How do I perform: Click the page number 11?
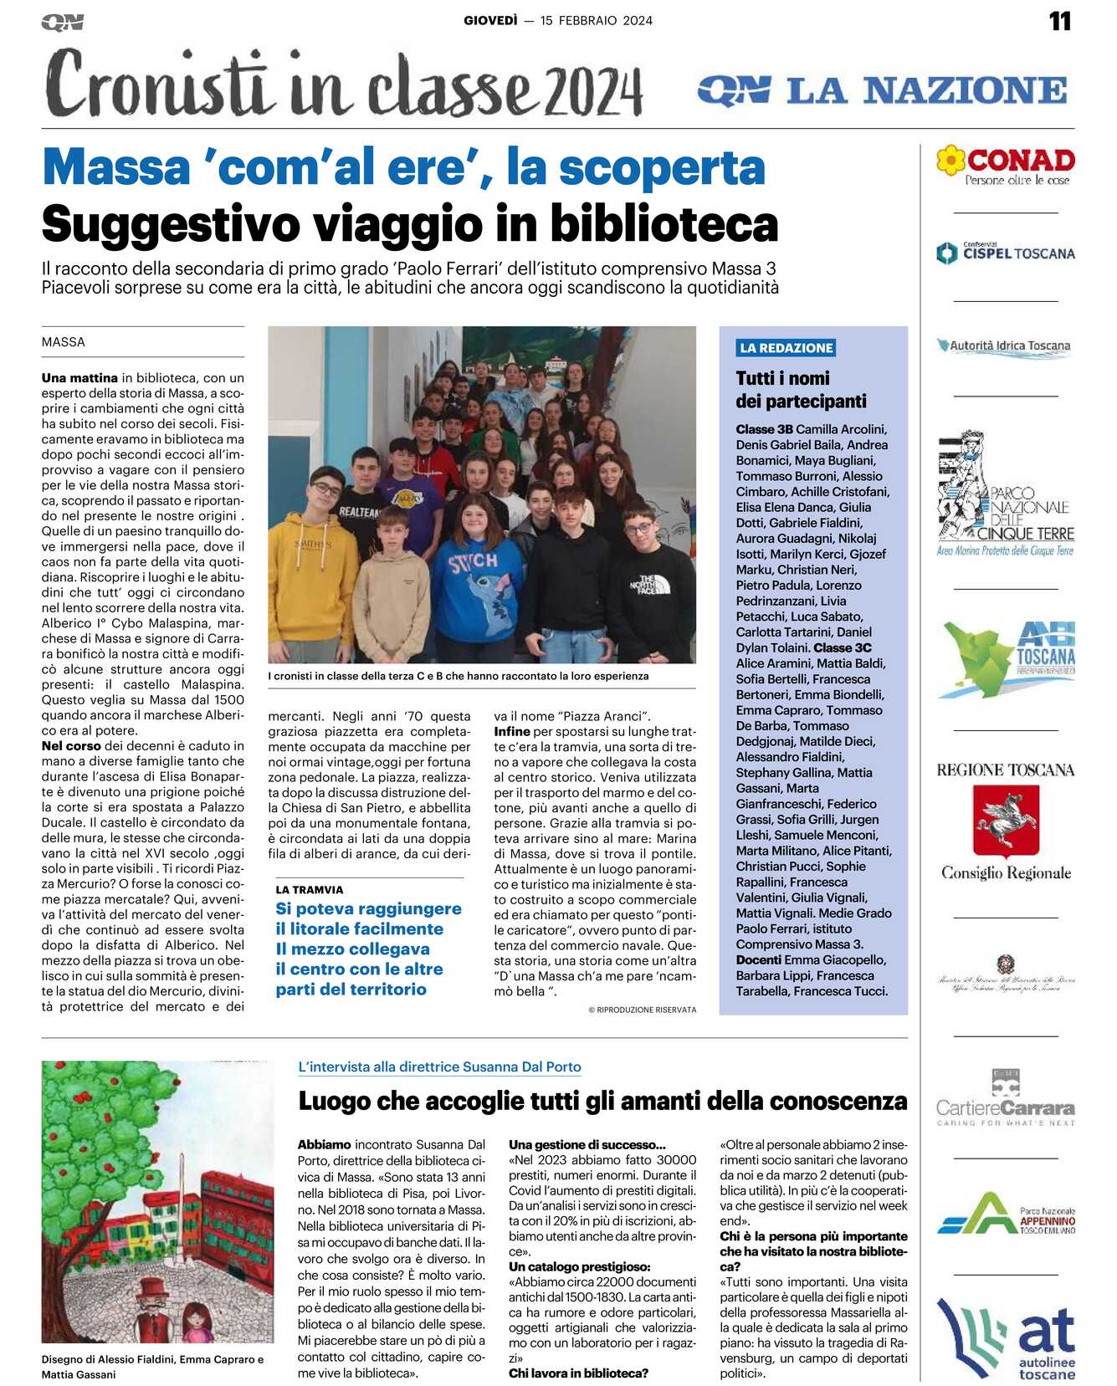tap(1059, 21)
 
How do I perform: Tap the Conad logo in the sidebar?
tap(1006, 165)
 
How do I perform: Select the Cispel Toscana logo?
tap(1006, 253)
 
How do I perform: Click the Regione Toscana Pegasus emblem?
tap(1005, 820)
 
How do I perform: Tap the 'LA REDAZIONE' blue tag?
tap(786, 348)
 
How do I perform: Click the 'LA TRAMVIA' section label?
tap(310, 890)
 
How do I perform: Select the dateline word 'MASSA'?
tap(64, 342)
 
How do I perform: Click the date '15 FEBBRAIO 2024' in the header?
tap(596, 21)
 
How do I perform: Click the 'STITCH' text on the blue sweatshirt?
tap(473, 562)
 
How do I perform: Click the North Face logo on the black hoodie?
tap(647, 585)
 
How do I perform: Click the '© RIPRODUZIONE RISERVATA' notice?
tap(642, 1010)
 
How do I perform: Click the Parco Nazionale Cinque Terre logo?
tap(1005, 495)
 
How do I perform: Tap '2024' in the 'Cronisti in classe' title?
tap(593, 90)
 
